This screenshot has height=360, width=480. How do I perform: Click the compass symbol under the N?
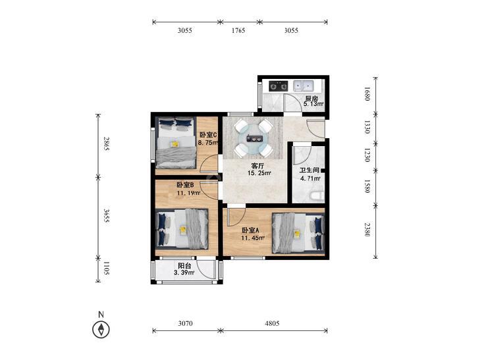[101, 330]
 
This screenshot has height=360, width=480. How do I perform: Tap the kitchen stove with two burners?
[279, 86]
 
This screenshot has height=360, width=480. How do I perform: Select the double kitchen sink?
[303, 86]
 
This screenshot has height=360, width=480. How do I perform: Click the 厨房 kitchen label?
[311, 99]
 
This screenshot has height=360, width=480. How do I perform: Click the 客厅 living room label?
[257, 166]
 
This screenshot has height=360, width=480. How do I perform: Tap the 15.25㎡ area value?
[259, 173]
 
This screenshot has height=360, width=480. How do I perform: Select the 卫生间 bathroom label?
[309, 170]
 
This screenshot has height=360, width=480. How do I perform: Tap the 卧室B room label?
[186, 185]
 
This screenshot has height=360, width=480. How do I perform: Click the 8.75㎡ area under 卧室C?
[208, 142]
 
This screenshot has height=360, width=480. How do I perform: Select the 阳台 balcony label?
[184, 266]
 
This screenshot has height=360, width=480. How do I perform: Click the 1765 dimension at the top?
[238, 30]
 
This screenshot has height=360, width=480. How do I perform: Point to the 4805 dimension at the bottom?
[272, 323]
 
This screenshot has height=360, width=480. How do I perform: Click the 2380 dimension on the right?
[367, 229]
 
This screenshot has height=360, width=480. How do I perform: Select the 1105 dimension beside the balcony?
[106, 269]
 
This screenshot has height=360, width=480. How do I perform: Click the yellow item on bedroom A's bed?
[297, 234]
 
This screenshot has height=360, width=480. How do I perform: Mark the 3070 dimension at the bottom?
[186, 323]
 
